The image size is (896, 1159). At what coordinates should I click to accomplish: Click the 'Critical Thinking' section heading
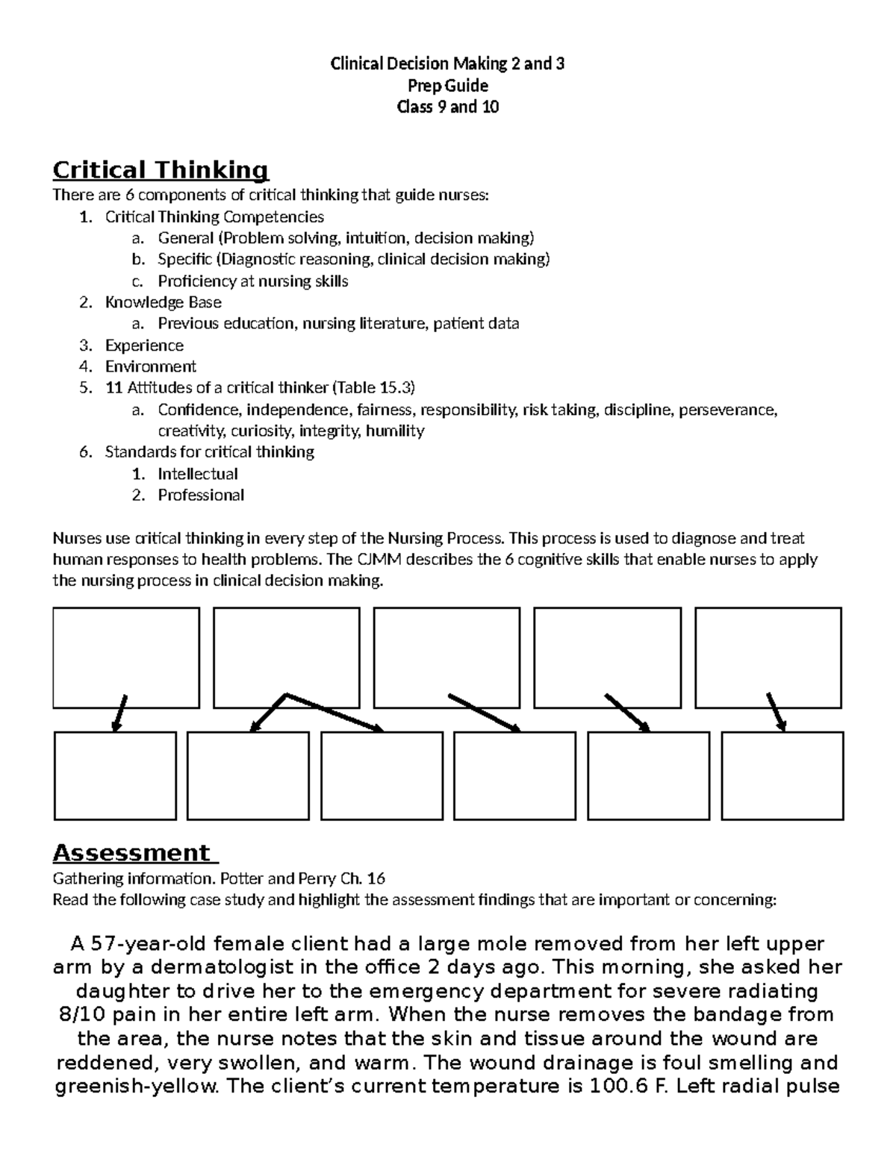click(x=160, y=170)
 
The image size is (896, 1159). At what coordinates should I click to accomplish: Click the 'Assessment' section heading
click(x=131, y=852)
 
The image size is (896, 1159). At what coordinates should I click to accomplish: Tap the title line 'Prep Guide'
click(x=447, y=85)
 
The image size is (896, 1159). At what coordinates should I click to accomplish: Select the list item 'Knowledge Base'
click(x=163, y=302)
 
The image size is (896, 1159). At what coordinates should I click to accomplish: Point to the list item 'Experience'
click(x=144, y=346)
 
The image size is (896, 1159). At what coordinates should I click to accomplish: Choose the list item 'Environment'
click(x=150, y=366)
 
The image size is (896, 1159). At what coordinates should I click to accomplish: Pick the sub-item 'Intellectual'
click(x=197, y=474)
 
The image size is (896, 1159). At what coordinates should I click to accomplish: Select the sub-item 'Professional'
click(x=200, y=495)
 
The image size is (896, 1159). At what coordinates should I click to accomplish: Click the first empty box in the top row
click(x=126, y=657)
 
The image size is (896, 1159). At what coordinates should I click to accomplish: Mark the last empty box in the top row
click(x=768, y=657)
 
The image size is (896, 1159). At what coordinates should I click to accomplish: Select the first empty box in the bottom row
click(x=115, y=775)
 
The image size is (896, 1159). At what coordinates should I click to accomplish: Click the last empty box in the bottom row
click(x=783, y=775)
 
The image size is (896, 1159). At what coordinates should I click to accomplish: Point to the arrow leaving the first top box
click(x=119, y=713)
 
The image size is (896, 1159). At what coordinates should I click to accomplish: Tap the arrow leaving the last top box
click(x=776, y=712)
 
